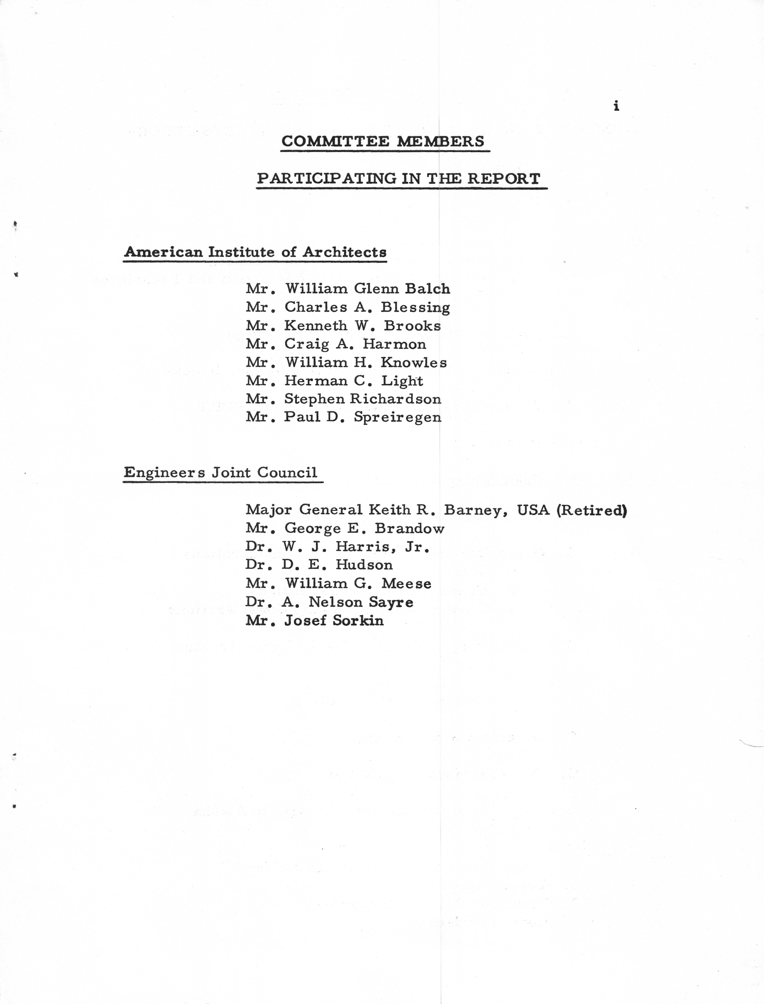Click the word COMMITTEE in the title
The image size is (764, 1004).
click(x=335, y=141)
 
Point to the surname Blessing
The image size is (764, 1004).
click(x=415, y=308)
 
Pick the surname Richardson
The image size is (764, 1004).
click(x=395, y=399)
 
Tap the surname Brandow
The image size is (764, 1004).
click(x=409, y=528)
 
